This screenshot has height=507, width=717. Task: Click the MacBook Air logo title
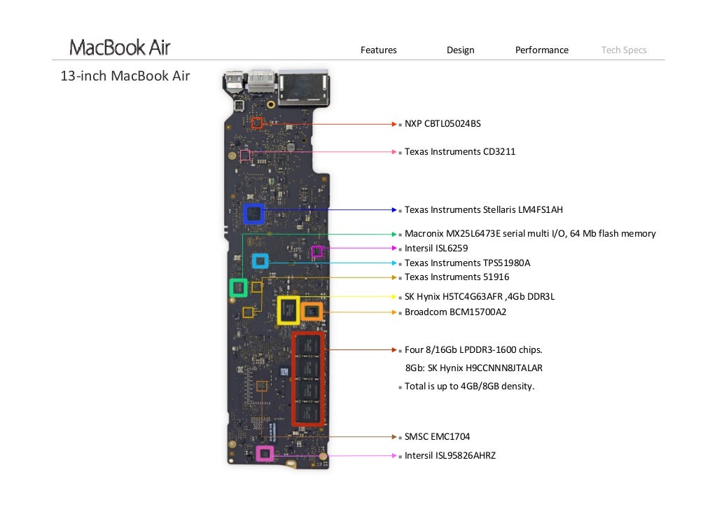[120, 48]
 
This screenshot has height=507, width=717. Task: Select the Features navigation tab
[378, 50]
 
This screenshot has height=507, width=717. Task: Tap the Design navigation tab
[460, 50]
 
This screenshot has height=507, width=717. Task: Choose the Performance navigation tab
[541, 50]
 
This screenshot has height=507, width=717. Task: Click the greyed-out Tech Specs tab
[623, 50]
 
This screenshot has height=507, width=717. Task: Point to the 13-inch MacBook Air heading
[125, 76]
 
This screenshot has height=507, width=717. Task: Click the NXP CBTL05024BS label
[443, 124]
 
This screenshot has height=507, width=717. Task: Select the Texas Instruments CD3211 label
[459, 151]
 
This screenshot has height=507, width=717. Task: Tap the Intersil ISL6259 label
[436, 248]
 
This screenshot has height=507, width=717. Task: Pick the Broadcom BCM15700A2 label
[455, 312]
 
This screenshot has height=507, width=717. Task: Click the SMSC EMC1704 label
[437, 436]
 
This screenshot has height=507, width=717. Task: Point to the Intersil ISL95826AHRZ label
[450, 455]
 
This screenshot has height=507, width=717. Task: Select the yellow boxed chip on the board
[288, 310]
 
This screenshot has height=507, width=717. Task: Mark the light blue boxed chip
[260, 262]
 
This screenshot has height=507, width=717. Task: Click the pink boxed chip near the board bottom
[264, 454]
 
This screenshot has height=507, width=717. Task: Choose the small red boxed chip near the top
[256, 124]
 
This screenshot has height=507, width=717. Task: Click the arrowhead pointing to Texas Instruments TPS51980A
[394, 263]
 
